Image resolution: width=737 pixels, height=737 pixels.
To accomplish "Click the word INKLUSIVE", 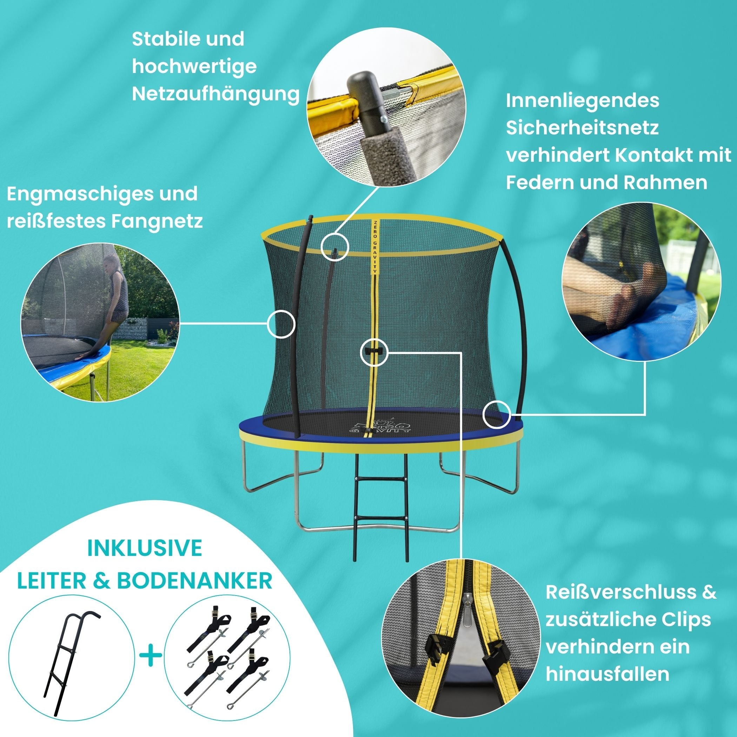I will click(x=145, y=548).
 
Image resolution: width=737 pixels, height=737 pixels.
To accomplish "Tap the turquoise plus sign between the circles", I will click(x=151, y=656).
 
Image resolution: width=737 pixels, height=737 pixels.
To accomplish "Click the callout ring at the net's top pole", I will click(x=334, y=246).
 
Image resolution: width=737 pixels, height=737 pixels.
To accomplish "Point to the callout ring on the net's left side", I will click(x=281, y=324).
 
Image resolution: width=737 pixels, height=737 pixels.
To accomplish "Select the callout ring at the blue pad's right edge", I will click(x=497, y=415).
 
